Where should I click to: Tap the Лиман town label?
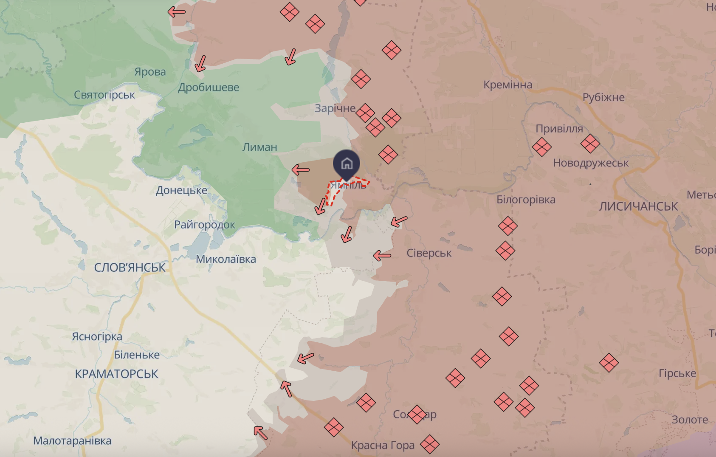[x=259, y=147]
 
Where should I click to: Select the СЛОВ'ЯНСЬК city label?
[x=130, y=268]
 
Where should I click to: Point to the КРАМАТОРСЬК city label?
[x=116, y=374]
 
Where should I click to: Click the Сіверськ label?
[x=429, y=253]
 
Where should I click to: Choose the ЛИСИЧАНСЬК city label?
[x=638, y=207]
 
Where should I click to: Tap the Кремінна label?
[x=507, y=85]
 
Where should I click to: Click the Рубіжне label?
[x=603, y=98]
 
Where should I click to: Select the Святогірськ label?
[x=104, y=95]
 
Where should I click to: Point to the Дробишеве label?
[x=209, y=87]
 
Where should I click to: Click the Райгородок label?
[x=204, y=225]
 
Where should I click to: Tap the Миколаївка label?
[x=226, y=259]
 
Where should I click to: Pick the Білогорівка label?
[x=526, y=200]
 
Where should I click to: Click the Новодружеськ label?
[x=590, y=163]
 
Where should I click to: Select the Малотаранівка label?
[x=72, y=441]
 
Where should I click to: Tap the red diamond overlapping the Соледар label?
[x=417, y=415]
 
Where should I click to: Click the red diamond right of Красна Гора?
[x=429, y=444]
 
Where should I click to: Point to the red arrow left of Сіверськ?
[x=382, y=256]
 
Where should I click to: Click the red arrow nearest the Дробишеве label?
[x=200, y=64]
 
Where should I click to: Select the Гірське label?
[x=677, y=374]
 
